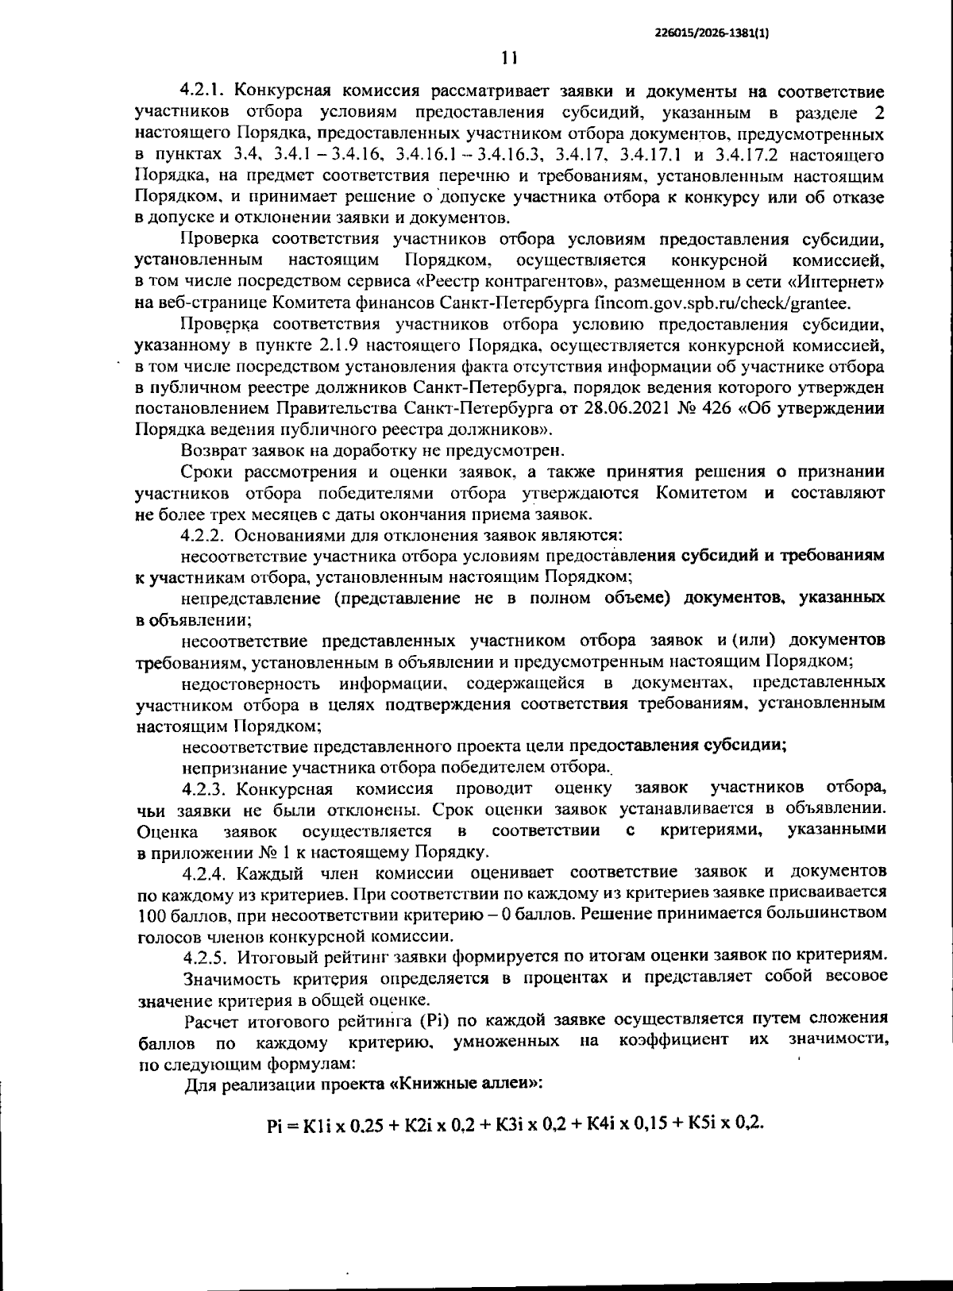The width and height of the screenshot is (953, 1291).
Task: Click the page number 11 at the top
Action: [509, 58]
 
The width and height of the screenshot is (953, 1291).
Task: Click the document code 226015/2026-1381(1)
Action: [713, 33]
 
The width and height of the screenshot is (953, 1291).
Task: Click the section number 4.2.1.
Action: [205, 91]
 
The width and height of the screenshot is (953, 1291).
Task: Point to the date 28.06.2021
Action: [617, 409]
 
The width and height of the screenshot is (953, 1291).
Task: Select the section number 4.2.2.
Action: [205, 535]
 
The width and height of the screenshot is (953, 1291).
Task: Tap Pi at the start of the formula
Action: [275, 1125]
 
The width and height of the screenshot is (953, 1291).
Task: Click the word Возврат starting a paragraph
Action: [209, 451]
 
